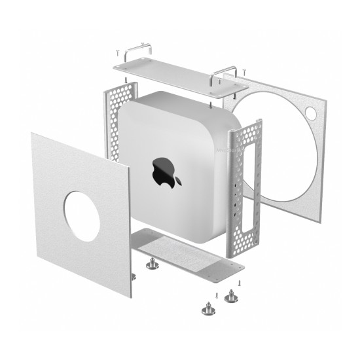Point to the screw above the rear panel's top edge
pos(243,69)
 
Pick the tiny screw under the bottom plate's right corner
pos(240,282)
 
